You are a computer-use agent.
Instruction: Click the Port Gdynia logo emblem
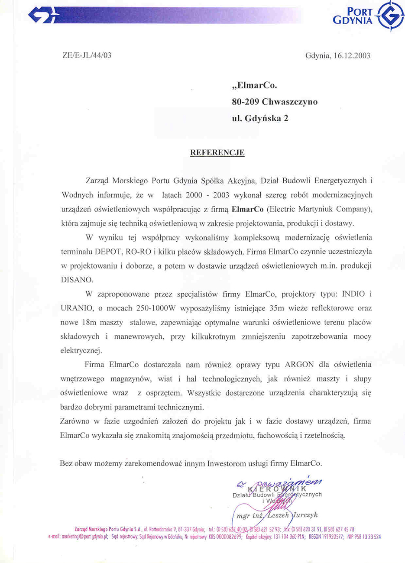[x=390, y=16]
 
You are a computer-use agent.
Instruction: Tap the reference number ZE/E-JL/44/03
[x=87, y=55]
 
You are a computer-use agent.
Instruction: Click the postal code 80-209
[x=245, y=102]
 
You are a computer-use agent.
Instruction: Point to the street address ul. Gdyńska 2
[x=260, y=118]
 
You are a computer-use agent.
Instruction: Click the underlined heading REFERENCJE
[x=217, y=152]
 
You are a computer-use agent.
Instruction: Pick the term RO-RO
[x=137, y=252]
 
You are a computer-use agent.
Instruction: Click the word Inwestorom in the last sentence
[x=226, y=463]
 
